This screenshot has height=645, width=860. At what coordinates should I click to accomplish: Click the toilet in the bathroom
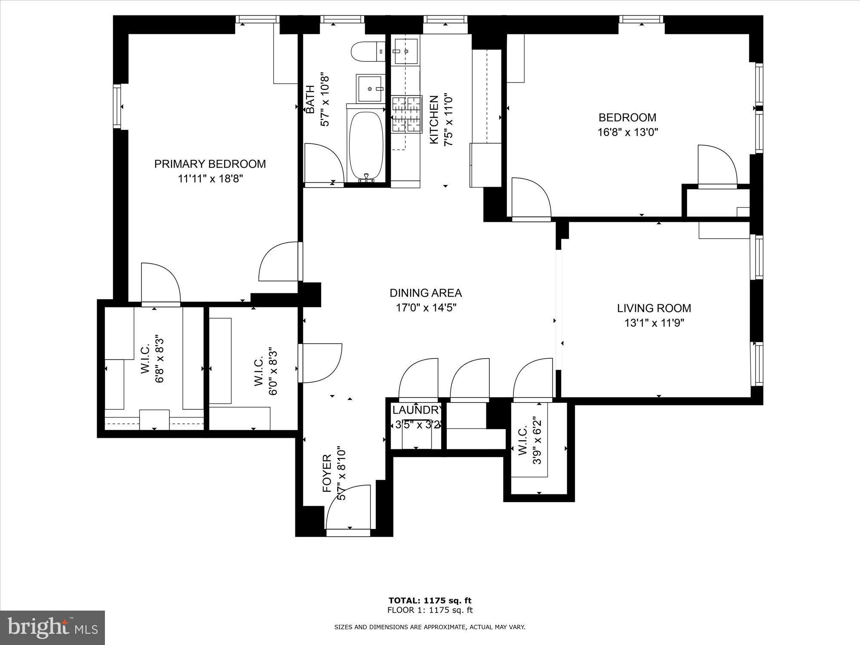coord(368,52)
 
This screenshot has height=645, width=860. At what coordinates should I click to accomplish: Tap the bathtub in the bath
coord(366,146)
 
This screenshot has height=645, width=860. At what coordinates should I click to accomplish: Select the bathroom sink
coord(370,88)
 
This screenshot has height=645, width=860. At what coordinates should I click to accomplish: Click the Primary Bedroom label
coord(210,164)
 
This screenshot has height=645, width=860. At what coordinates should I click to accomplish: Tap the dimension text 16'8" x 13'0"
coord(628,132)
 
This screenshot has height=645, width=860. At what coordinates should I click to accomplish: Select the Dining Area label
coord(425,293)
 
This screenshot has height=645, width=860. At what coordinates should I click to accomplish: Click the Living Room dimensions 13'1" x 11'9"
coord(654,323)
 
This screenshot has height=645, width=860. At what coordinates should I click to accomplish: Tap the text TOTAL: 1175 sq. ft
coord(430,601)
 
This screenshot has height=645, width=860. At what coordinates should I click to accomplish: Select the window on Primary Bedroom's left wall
coord(117,106)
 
